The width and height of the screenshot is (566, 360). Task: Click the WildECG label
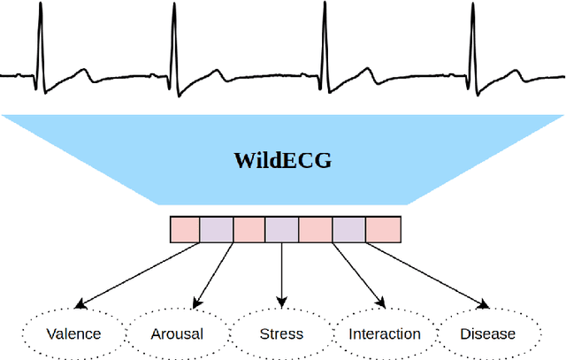pos(282,161)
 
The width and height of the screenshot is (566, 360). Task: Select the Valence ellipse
pos(73,333)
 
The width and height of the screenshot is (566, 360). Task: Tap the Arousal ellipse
pos(177,333)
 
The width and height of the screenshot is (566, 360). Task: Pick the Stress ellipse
pos(281,333)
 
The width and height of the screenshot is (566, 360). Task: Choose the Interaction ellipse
pos(384,333)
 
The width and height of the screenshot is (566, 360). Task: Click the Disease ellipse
pos(488,333)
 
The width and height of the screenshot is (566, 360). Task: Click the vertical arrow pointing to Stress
pos(282,275)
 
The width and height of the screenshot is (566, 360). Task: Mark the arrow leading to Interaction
pos(358,275)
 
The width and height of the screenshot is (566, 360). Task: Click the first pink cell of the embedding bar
pos(185,230)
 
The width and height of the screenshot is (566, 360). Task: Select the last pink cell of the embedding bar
pos(382,230)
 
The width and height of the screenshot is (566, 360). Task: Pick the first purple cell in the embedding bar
pos(218,230)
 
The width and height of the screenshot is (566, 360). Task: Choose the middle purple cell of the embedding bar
pos(282,230)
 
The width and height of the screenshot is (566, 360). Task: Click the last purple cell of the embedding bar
pos(348,230)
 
